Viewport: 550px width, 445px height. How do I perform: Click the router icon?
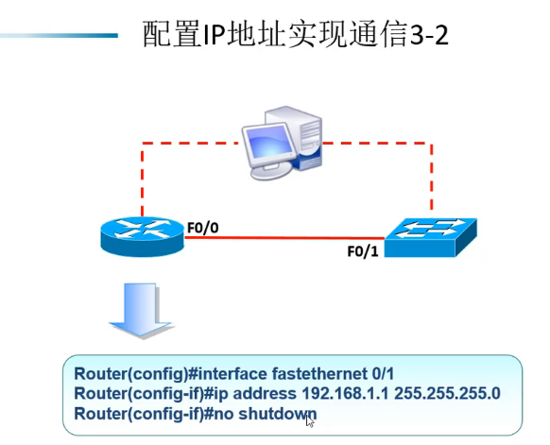click(x=142, y=236)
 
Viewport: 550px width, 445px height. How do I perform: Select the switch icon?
click(x=430, y=237)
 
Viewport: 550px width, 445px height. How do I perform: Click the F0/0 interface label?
click(x=203, y=228)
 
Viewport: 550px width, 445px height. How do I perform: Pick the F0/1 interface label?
click(x=363, y=251)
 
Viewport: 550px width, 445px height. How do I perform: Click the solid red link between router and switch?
click(x=284, y=238)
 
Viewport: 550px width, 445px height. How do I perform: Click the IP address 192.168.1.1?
click(x=345, y=393)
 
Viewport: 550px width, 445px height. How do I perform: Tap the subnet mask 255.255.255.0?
click(x=447, y=393)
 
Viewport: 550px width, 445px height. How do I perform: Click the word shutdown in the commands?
click(x=278, y=414)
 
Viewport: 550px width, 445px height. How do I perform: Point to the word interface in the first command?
click(x=232, y=373)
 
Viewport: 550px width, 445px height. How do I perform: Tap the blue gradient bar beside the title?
click(x=59, y=35)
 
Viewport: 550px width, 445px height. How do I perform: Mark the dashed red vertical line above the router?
click(x=142, y=180)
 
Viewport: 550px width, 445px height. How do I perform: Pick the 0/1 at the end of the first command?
click(x=383, y=373)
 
